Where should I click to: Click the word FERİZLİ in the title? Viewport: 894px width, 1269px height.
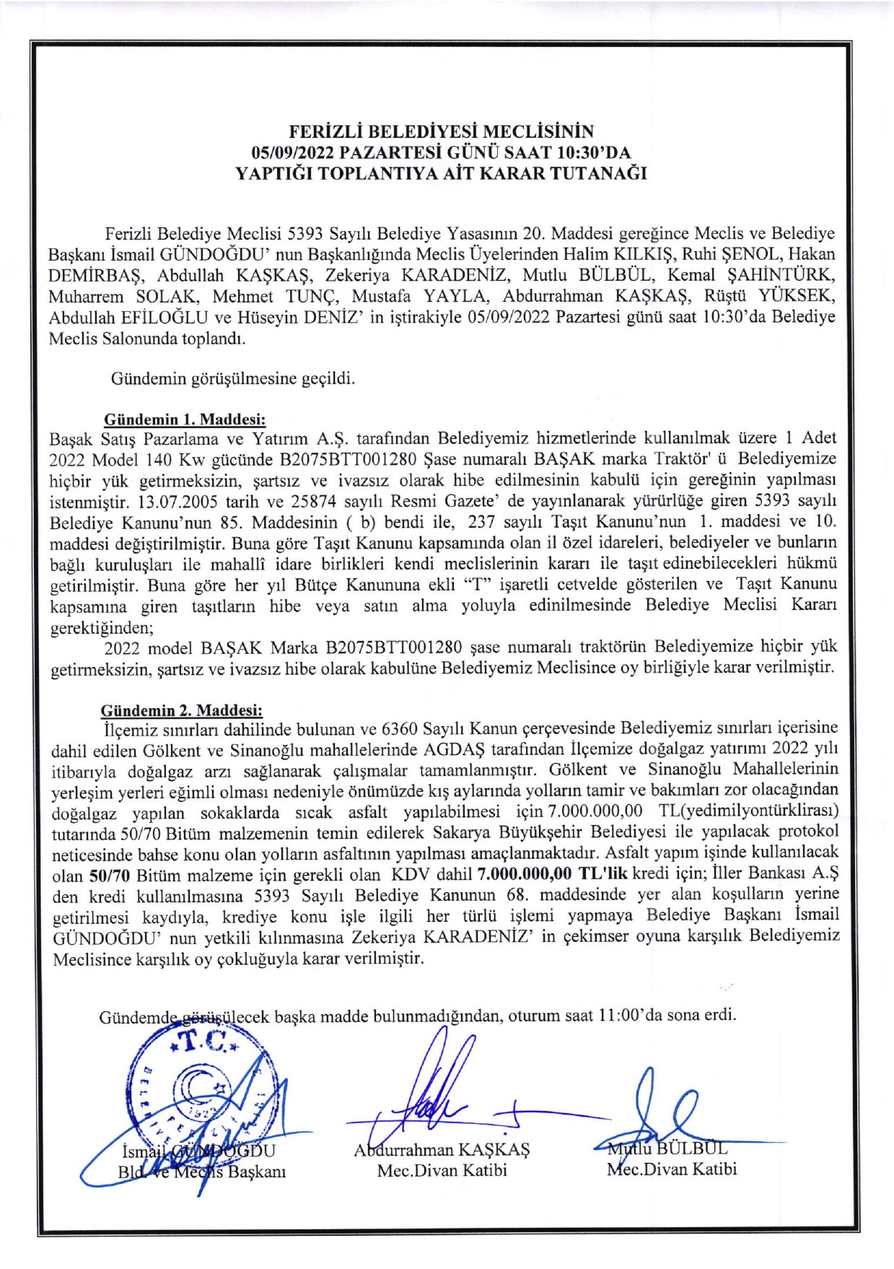click(x=325, y=132)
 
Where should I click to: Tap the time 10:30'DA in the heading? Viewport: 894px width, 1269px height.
click(x=595, y=153)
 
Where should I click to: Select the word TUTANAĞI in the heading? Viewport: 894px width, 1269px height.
click(x=604, y=174)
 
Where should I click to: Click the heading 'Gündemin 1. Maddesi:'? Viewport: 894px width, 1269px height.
click(x=185, y=419)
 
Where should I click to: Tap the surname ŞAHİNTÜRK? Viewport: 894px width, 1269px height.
click(x=787, y=276)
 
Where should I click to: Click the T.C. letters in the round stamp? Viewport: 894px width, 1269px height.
click(x=204, y=1042)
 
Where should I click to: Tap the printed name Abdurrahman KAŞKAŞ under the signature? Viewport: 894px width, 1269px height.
click(x=442, y=1151)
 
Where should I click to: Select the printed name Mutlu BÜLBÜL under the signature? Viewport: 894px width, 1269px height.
click(x=667, y=1148)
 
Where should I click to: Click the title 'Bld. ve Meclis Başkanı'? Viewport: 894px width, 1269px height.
click(x=202, y=1172)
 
